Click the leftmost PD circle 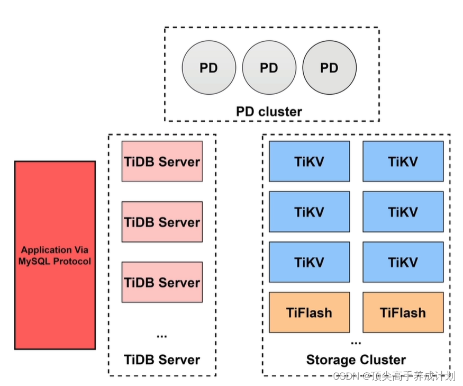click(x=208, y=68)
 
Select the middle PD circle click(x=269, y=68)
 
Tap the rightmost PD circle click(x=329, y=68)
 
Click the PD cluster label click(x=269, y=112)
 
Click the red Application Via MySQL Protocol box click(x=55, y=255)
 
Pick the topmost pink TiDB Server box click(x=162, y=161)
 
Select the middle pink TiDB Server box click(x=162, y=221)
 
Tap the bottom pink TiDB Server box click(x=162, y=282)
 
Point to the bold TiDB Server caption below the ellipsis click(x=162, y=360)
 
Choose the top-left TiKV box click(x=309, y=161)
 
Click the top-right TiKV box click(x=403, y=161)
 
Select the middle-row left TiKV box click(x=309, y=212)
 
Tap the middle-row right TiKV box click(x=403, y=212)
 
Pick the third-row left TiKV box click(x=309, y=262)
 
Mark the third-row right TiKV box click(x=403, y=262)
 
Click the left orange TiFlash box click(x=309, y=312)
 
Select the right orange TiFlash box click(x=403, y=312)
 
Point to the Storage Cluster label click(x=356, y=360)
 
